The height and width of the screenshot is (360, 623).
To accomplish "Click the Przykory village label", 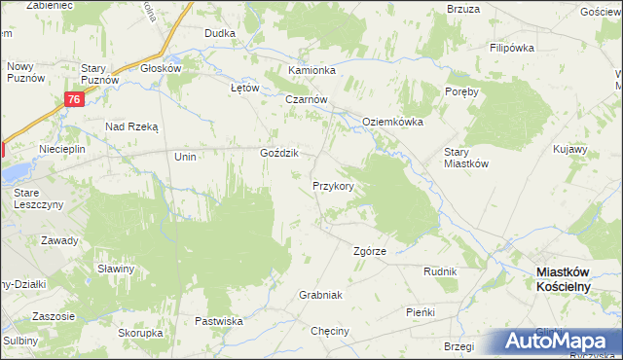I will pos(339,185).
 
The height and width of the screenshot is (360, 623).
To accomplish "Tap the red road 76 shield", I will pos(75,99).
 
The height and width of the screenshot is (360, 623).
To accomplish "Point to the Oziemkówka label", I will pos(392,122).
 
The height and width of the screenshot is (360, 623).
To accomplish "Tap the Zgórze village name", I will pos(370,251).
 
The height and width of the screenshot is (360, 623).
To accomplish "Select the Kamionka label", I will pos(311,71).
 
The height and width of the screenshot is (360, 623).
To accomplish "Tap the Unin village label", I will pos(185,157).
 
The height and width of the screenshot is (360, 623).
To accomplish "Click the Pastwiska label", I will pos(218,321).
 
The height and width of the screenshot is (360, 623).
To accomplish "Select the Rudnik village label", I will pos(440,272).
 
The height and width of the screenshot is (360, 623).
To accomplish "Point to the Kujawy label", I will pos(569,150).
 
